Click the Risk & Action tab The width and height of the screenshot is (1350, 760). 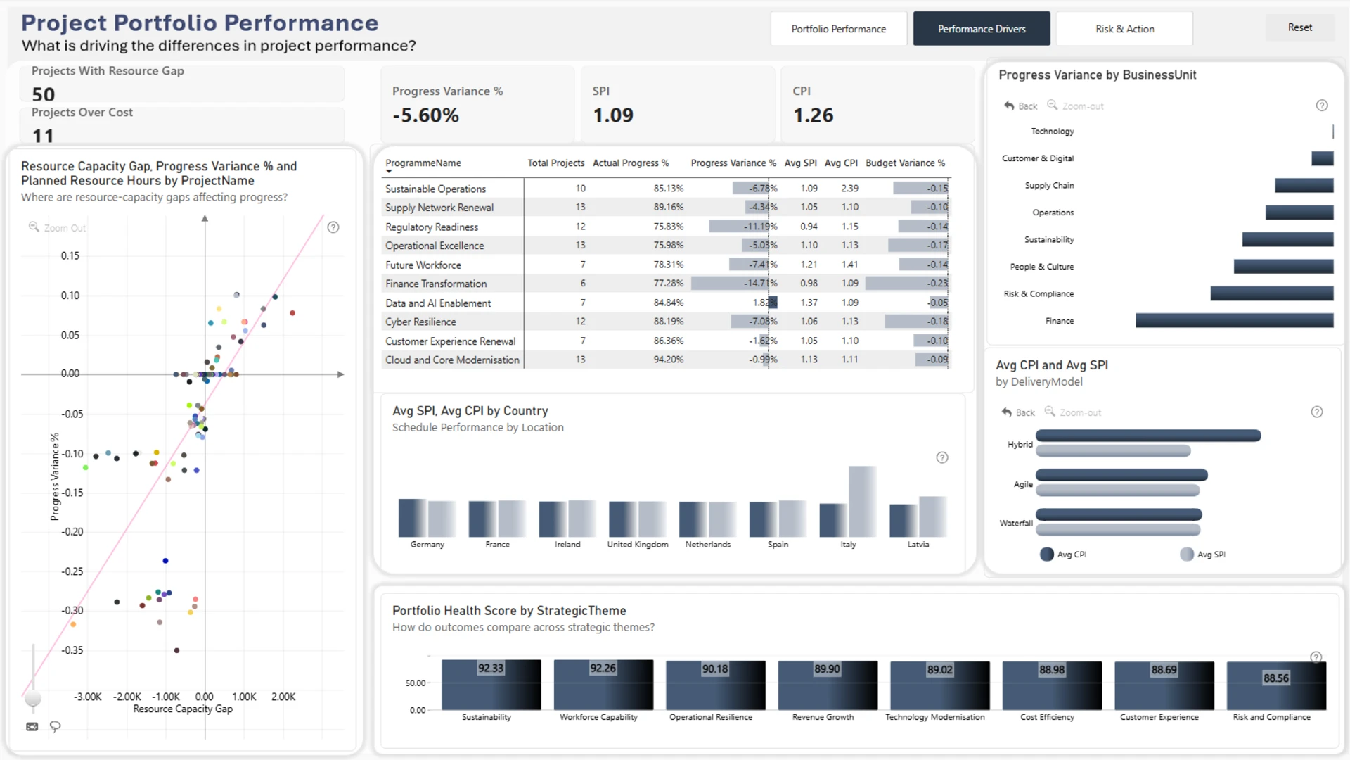click(x=1124, y=29)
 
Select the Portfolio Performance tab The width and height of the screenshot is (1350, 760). click(x=839, y=29)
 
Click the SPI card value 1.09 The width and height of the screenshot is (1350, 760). click(x=613, y=115)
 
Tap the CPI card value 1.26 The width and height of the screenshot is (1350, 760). click(x=814, y=115)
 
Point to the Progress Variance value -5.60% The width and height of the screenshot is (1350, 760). click(x=426, y=115)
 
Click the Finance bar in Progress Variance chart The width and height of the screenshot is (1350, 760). click(x=1235, y=321)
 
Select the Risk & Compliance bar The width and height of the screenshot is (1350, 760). click(x=1272, y=293)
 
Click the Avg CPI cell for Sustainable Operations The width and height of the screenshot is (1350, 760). click(x=849, y=189)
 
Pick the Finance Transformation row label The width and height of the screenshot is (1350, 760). click(x=436, y=284)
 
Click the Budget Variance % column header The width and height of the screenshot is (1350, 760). click(x=906, y=163)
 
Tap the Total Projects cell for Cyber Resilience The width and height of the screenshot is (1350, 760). click(x=580, y=322)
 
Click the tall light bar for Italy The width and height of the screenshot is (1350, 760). click(x=863, y=502)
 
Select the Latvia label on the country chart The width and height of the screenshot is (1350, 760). click(x=918, y=545)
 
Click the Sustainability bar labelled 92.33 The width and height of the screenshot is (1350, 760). click(x=491, y=685)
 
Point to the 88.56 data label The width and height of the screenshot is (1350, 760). click(x=1276, y=678)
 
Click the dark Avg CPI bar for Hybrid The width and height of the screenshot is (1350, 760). click(x=1148, y=436)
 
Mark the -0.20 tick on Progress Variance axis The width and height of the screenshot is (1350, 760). click(x=72, y=532)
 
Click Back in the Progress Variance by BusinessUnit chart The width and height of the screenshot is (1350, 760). click(x=1021, y=106)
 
